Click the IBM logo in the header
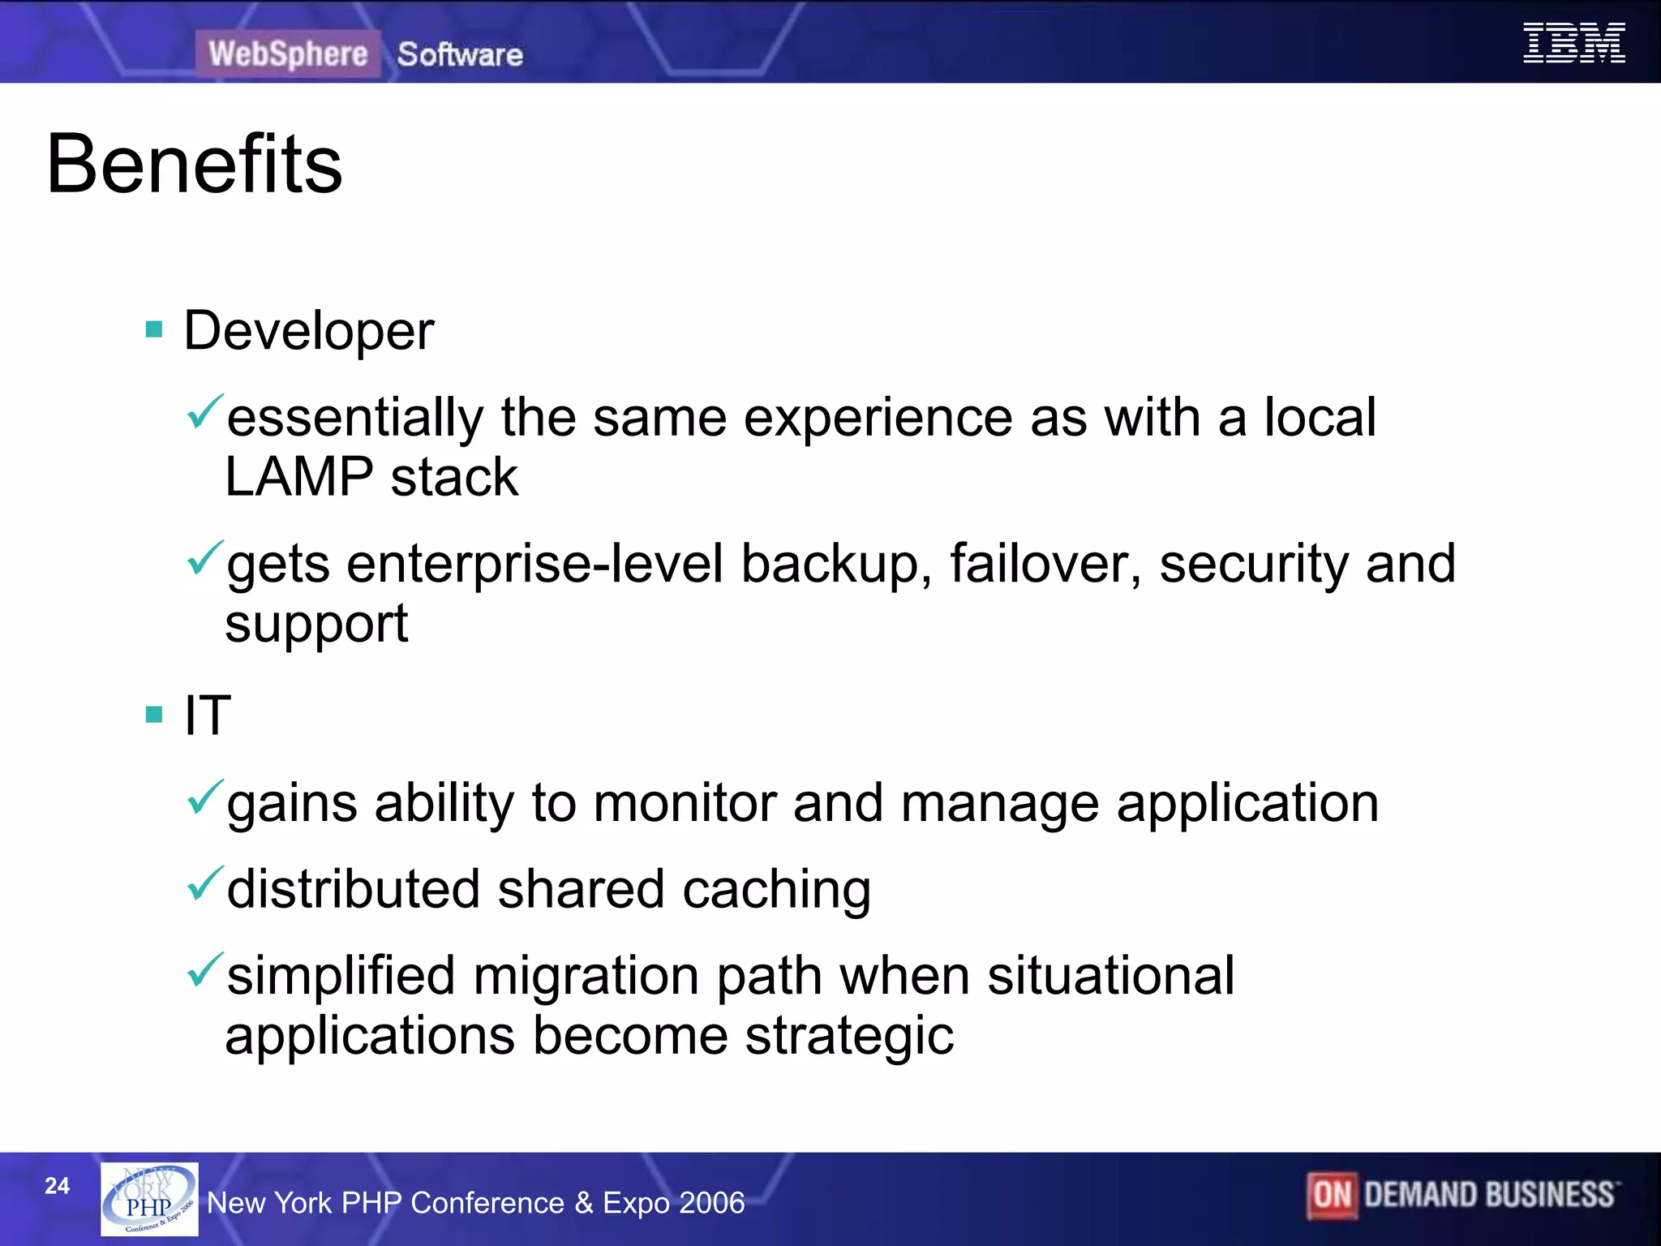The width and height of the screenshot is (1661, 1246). pos(1573,43)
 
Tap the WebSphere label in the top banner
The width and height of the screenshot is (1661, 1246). pos(288,54)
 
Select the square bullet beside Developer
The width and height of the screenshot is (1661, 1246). pos(154,329)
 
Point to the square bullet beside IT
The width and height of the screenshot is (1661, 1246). pos(154,714)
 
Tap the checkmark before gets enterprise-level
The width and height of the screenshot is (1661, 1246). pos(204,558)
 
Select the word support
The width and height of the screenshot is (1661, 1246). pos(316,625)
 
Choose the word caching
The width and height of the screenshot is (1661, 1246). pos(776,890)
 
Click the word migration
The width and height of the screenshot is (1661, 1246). pos(586,976)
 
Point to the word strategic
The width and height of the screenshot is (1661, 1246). pos(848,1037)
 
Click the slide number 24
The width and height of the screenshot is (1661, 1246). pos(57,1186)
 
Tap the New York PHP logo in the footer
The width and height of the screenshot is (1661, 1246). pos(149,1199)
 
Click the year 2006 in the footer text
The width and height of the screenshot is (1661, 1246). pos(711,1203)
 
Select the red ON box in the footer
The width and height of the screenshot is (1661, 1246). pos(1331,1195)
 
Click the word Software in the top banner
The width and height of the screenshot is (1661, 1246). pos(460,54)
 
